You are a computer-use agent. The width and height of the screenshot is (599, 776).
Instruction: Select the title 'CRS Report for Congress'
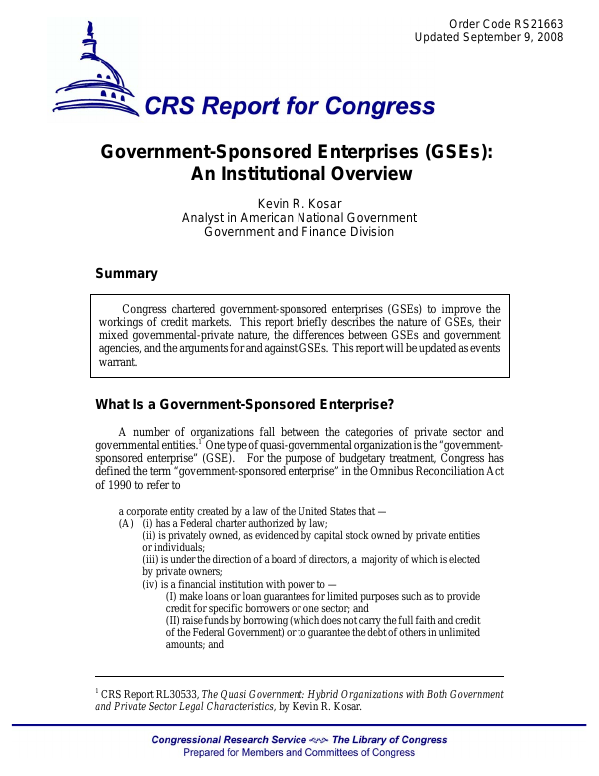point(291,107)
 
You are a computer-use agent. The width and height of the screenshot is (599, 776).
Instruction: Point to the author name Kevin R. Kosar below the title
point(299,203)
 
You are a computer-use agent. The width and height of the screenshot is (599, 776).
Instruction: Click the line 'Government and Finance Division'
point(299,231)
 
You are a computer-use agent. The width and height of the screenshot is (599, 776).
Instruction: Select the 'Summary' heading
point(126,273)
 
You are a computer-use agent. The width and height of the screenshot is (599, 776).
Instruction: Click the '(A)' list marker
point(126,524)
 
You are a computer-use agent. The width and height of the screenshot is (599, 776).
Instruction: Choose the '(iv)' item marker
point(150,584)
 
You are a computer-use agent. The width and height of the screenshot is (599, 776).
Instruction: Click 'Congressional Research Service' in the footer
point(222,740)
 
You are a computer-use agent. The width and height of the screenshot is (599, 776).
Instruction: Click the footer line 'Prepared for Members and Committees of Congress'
point(299,753)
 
